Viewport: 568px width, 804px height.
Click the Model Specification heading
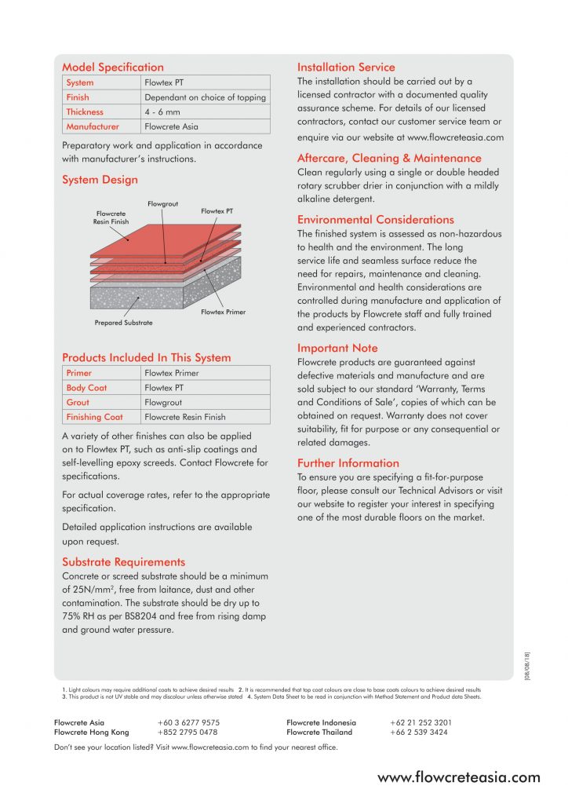tap(113, 68)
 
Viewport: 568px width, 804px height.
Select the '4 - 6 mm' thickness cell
tap(162, 112)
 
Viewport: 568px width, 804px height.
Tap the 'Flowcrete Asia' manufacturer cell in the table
tap(172, 126)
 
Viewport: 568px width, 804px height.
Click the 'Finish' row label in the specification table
tap(78, 97)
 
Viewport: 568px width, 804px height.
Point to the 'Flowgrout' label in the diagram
tap(162, 204)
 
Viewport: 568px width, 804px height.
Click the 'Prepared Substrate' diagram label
tap(123, 323)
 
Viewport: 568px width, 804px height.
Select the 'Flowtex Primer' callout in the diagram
tap(223, 312)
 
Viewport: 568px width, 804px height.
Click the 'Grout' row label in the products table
tap(79, 402)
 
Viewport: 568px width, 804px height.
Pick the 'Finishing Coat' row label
tap(94, 417)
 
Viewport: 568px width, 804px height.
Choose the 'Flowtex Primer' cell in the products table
tap(171, 373)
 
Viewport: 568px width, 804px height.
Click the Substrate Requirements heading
tap(124, 562)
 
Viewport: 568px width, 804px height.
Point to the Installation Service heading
tap(346, 68)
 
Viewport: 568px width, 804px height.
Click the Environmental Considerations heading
tap(376, 220)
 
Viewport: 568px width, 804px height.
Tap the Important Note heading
tap(337, 348)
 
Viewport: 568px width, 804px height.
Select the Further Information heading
tap(348, 463)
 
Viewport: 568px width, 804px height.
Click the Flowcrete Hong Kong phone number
tap(188, 733)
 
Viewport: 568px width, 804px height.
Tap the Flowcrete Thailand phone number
tap(419, 733)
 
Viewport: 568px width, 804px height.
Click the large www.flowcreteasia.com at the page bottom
tap(459, 778)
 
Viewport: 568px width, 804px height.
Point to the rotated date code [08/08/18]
tap(527, 667)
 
